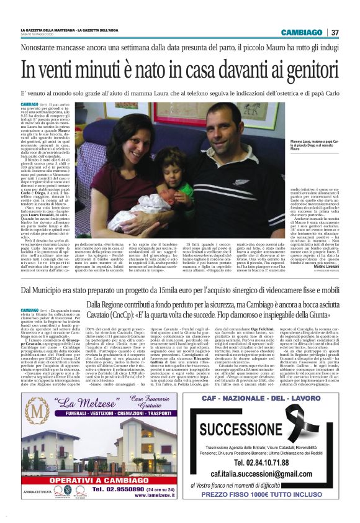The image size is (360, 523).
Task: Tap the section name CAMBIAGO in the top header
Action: click(x=307, y=32)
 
